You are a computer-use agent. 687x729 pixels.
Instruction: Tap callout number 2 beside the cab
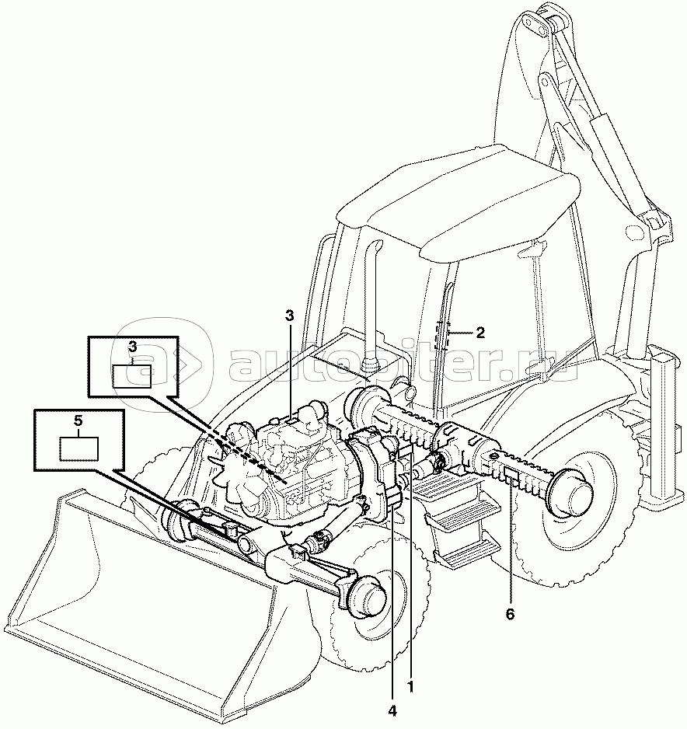click(x=480, y=333)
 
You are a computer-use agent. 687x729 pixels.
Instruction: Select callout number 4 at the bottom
click(x=392, y=711)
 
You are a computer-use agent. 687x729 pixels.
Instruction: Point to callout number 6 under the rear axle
click(x=510, y=614)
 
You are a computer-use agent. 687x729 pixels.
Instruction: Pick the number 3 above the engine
click(x=290, y=316)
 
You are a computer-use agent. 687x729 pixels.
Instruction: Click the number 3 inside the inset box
click(x=133, y=347)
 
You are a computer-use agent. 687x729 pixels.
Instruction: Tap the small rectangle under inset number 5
click(x=79, y=448)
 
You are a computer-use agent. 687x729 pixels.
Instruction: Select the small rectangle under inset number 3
click(x=132, y=375)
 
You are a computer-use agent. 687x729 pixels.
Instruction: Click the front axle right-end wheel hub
click(x=368, y=596)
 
